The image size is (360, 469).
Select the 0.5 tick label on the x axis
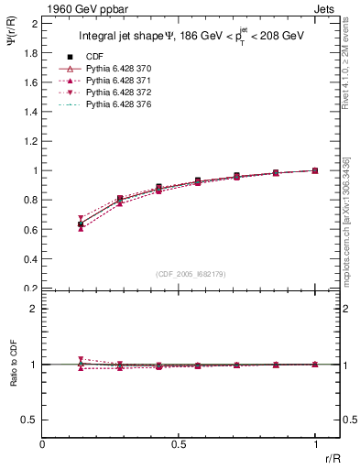pos(180,443)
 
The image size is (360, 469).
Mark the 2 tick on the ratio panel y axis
pos(34,309)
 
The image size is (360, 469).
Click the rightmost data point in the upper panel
pos(315,170)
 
